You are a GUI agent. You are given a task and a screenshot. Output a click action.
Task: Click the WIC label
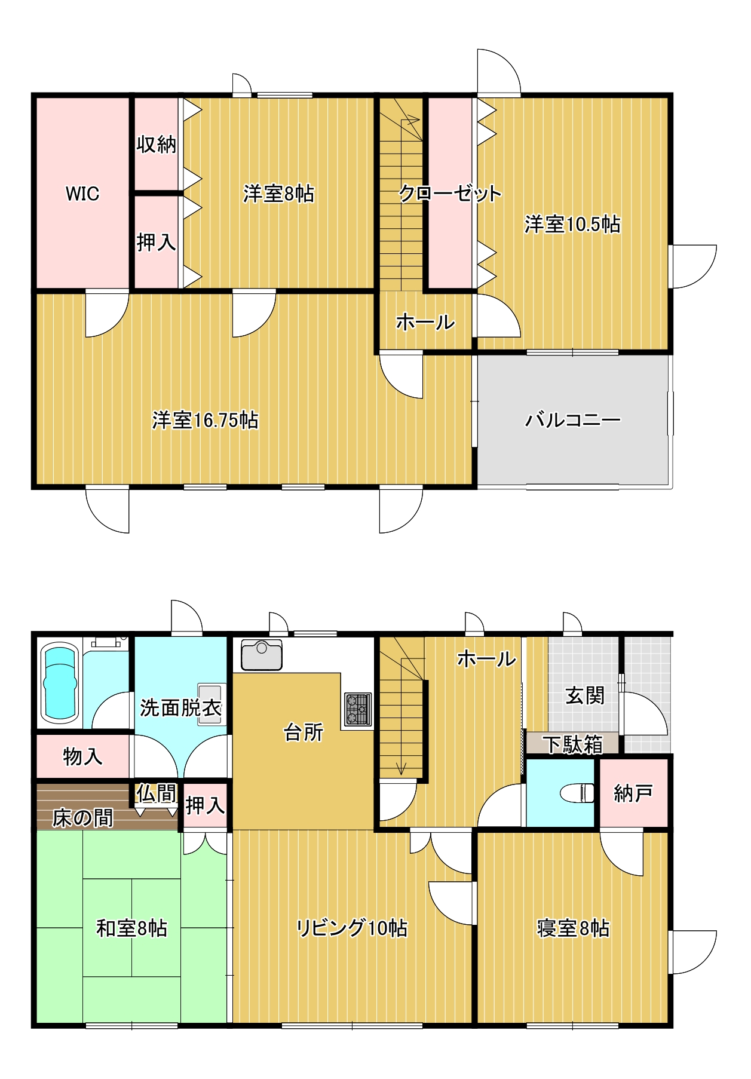pyautogui.click(x=82, y=194)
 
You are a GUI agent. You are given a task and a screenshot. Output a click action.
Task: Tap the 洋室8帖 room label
pyautogui.click(x=278, y=194)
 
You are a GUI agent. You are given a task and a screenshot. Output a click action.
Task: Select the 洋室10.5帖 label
pyautogui.click(x=572, y=224)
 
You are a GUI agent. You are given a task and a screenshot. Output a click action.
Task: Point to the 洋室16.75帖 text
pyautogui.click(x=205, y=420)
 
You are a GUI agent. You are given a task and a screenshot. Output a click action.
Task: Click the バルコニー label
pyautogui.click(x=572, y=420)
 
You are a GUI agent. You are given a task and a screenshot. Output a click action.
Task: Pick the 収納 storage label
pyautogui.click(x=156, y=144)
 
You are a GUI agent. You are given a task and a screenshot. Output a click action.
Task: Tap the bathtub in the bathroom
pyautogui.click(x=60, y=683)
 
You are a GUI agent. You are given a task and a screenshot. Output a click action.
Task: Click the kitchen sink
pyautogui.click(x=262, y=655)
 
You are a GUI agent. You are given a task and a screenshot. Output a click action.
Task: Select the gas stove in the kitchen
pyautogui.click(x=358, y=709)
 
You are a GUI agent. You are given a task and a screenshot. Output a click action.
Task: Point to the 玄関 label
pyautogui.click(x=585, y=695)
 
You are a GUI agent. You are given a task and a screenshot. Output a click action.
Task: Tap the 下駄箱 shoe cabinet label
pyautogui.click(x=572, y=744)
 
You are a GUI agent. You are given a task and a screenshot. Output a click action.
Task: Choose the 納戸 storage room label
pyautogui.click(x=633, y=793)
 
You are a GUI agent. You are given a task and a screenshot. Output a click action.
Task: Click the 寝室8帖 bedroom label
pyautogui.click(x=572, y=928)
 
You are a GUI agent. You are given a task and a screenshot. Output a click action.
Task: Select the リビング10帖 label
pyautogui.click(x=352, y=928)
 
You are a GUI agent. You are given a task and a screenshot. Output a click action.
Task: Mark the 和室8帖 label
pyautogui.click(x=131, y=928)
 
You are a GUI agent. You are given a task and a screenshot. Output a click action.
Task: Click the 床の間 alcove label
pyautogui.click(x=82, y=818)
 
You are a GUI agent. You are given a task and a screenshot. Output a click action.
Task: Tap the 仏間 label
pyautogui.click(x=156, y=793)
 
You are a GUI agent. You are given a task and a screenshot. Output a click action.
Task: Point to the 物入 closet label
pyautogui.click(x=82, y=757)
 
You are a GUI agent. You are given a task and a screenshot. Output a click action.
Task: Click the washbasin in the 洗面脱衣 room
pyautogui.click(x=210, y=704)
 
